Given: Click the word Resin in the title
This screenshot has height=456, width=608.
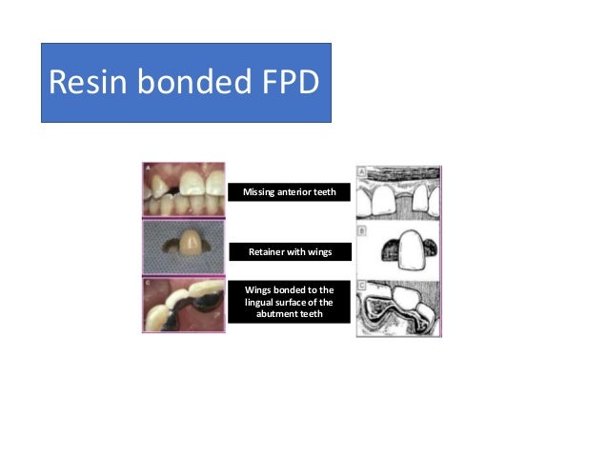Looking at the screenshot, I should pyautogui.click(x=85, y=83).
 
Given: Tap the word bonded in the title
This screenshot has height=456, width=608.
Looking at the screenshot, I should pyautogui.click(x=189, y=83).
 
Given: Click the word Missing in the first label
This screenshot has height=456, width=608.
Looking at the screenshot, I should pyautogui.click(x=259, y=192).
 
